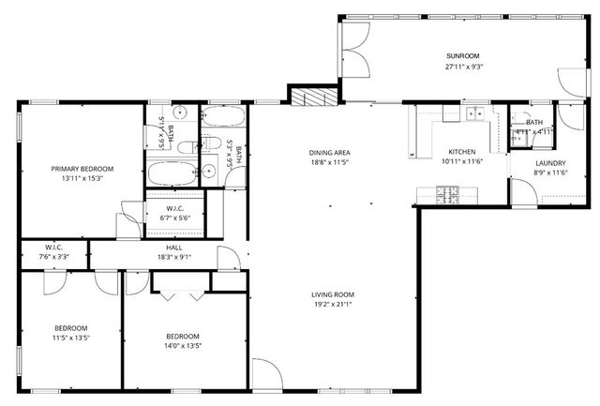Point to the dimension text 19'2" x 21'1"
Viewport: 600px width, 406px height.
[333, 305]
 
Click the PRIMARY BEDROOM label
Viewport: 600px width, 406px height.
[82, 169]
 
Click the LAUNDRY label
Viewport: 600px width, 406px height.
[550, 163]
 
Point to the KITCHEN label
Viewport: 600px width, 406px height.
[461, 152]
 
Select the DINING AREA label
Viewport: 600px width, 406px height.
[329, 152]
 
